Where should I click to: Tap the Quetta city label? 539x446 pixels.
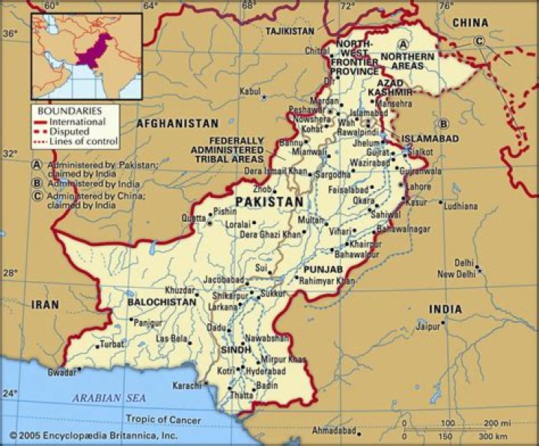pyautogui.click(x=193, y=218)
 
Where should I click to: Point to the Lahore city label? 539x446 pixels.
pyautogui.click(x=418, y=187)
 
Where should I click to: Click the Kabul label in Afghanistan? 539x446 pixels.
pyautogui.click(x=250, y=91)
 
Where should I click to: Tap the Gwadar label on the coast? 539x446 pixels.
pyautogui.click(x=61, y=372)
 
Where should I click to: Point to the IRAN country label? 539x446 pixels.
pyautogui.click(x=44, y=304)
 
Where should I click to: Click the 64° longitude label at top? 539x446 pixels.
pyautogui.click(x=151, y=6)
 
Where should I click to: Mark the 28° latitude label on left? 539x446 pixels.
pyautogui.click(x=10, y=273)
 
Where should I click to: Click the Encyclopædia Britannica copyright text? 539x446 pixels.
pyautogui.click(x=93, y=435)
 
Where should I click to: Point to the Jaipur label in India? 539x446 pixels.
pyautogui.click(x=427, y=326)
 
